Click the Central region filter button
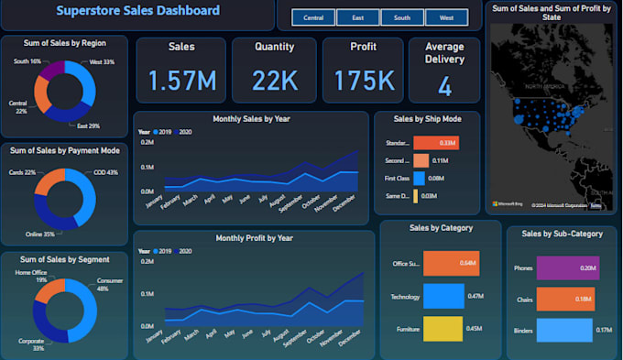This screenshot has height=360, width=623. (x=313, y=17)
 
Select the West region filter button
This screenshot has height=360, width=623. (x=446, y=17)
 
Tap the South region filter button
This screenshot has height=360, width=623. (x=402, y=17)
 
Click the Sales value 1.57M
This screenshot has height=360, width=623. (x=181, y=82)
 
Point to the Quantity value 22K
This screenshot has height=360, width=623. (x=270, y=82)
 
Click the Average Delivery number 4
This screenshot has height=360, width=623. (x=444, y=87)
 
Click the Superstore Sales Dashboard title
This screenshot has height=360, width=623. (x=137, y=11)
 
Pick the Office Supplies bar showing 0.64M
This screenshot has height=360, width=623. (x=451, y=264)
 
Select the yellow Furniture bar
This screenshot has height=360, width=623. (x=443, y=328)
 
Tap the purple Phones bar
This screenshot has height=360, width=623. (x=567, y=267)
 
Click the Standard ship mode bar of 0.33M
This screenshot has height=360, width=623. (x=435, y=142)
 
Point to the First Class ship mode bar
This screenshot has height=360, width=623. (x=420, y=178)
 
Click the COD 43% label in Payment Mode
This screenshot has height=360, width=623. (x=106, y=172)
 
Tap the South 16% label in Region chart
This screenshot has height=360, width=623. (x=27, y=60)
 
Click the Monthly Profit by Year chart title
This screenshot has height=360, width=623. (x=254, y=238)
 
